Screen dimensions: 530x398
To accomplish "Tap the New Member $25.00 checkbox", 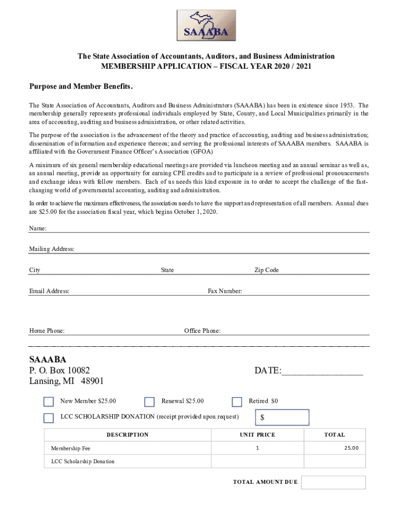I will pos(49,402).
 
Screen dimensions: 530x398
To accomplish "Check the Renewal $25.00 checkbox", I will pos(149,402).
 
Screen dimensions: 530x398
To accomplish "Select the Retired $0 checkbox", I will pos(237,402).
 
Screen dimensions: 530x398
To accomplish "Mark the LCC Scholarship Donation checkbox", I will pos(49,418).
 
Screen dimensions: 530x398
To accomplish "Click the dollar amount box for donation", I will pos(282,417).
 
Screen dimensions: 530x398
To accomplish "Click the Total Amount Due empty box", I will pos(333,482).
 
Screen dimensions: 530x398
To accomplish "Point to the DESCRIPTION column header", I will pos(127,435).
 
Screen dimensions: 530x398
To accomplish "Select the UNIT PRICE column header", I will pos(257,435).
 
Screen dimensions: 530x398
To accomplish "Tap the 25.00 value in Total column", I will pos(351,448).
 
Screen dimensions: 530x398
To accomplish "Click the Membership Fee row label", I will pos(70,448).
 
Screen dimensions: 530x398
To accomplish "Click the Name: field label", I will pos(38,228).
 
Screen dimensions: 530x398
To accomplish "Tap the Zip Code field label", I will pos(266,270).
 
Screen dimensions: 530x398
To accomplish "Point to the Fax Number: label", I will pos(225,291).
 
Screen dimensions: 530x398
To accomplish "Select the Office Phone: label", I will pos(202,331).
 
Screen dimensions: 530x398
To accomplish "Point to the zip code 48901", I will pos(91,381).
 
